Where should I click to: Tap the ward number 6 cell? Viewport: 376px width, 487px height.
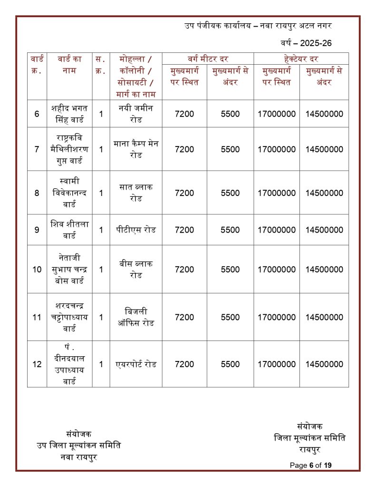point(37,114)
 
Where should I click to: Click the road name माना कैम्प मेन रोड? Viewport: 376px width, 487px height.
point(135,149)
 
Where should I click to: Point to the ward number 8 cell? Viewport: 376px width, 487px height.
point(37,193)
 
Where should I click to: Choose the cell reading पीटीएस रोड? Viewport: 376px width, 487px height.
point(135,230)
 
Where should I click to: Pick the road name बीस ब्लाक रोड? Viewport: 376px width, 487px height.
point(135,269)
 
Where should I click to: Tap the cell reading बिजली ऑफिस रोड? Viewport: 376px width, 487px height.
point(135,317)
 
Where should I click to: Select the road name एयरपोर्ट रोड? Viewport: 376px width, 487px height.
point(135,364)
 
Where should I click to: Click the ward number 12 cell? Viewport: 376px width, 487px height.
point(37,364)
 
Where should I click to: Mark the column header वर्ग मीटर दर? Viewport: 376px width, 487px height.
point(207,59)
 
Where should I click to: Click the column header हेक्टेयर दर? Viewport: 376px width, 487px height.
point(300,59)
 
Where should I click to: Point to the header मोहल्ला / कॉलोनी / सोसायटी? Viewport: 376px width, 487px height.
point(135,76)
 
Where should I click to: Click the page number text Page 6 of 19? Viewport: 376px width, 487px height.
point(310,465)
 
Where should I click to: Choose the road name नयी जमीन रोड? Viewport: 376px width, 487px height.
point(135,114)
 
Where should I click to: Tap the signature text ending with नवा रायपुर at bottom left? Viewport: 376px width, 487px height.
point(79,446)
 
